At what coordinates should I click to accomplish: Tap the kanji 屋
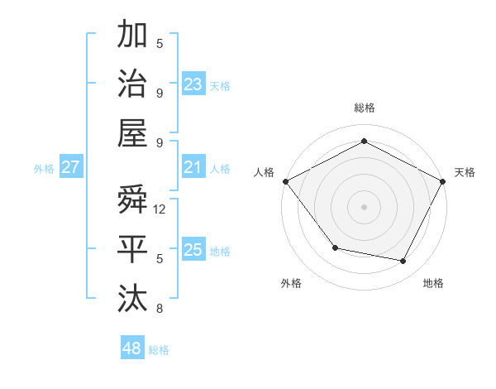tap(132, 132)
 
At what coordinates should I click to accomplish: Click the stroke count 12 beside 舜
tap(160, 209)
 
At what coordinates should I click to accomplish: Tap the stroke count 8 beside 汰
tap(160, 309)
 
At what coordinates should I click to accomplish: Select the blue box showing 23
tap(193, 84)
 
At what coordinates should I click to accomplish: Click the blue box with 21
tap(193, 168)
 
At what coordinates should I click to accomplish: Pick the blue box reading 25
tap(193, 251)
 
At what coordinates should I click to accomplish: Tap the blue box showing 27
tap(70, 168)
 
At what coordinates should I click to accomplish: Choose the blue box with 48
tap(132, 348)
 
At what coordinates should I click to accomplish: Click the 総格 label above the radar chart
tap(364, 108)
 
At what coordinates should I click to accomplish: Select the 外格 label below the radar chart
tap(291, 283)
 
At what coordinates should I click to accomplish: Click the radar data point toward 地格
tap(403, 262)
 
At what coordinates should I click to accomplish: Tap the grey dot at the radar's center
tap(364, 206)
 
